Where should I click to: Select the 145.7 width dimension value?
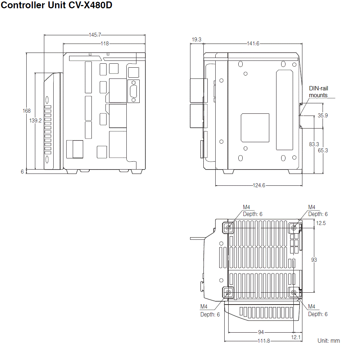[x=95, y=35]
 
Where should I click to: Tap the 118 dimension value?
[x=104, y=44]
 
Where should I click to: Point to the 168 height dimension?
[x=27, y=111]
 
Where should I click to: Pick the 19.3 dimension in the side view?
[x=197, y=40]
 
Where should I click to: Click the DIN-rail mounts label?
[x=318, y=92]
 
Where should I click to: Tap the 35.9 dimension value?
[x=323, y=116]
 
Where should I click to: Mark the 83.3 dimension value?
[x=314, y=144]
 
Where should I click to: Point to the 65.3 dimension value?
[x=323, y=150]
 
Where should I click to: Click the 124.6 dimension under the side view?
[x=258, y=185]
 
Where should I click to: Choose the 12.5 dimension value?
[x=321, y=223]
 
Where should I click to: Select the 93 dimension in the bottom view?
[x=314, y=260]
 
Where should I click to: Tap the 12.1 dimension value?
[x=296, y=337]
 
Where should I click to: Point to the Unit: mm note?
[x=328, y=341]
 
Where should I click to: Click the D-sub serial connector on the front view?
[x=134, y=91]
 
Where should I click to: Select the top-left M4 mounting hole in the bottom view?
[x=228, y=228]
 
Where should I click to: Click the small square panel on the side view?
[x=255, y=128]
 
